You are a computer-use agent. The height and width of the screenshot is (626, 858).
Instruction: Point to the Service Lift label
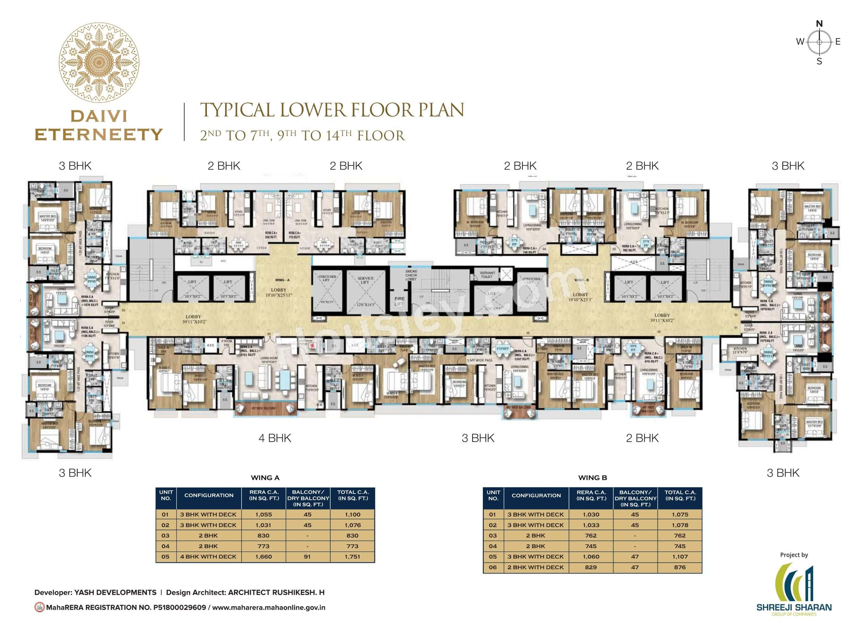[x=365, y=280]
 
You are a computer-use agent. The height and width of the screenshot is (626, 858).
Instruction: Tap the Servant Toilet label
[x=487, y=275]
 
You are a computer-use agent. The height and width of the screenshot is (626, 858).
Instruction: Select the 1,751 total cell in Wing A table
[x=352, y=557]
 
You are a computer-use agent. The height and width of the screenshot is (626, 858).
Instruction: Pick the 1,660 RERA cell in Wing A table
[x=263, y=557]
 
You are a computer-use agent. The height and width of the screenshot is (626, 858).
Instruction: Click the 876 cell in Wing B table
[x=680, y=567]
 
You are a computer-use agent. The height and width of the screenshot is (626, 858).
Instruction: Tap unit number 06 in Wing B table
[x=493, y=567]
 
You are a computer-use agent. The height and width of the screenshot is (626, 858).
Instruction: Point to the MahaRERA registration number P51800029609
[x=179, y=607]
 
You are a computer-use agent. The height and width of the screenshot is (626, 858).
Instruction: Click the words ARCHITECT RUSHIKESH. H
[x=276, y=592]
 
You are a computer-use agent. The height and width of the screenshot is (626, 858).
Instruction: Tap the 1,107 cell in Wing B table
[x=680, y=557]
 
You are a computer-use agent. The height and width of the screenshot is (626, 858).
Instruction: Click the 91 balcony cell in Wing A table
[x=307, y=557]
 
